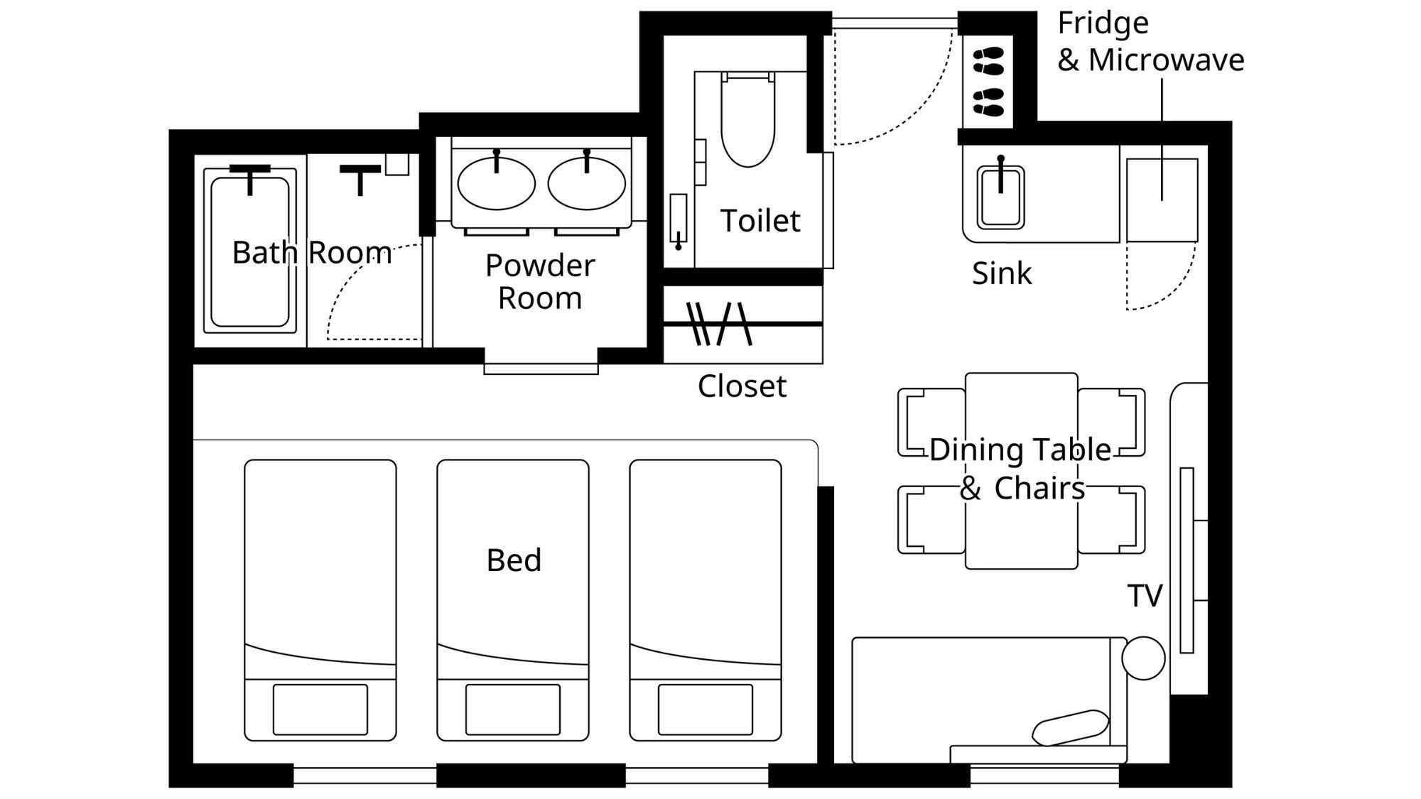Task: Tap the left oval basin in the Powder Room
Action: click(496, 183)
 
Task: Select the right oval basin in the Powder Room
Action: click(586, 183)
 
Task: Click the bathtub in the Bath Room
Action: click(249, 250)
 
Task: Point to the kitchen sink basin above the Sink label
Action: click(1000, 197)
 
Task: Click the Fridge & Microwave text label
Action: click(1150, 42)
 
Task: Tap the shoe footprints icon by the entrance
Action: click(988, 82)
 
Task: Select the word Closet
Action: click(742, 386)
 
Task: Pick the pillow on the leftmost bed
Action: click(320, 709)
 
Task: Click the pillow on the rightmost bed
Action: click(706, 709)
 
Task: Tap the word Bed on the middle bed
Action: click(514, 560)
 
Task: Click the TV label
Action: click(1145, 596)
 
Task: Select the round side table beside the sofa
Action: click(1143, 658)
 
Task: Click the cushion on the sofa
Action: click(1070, 728)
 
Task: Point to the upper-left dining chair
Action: click(931, 422)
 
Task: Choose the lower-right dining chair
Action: click(1111, 519)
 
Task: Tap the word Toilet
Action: click(760, 220)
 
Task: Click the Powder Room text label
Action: click(540, 281)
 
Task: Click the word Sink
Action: click(1002, 273)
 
